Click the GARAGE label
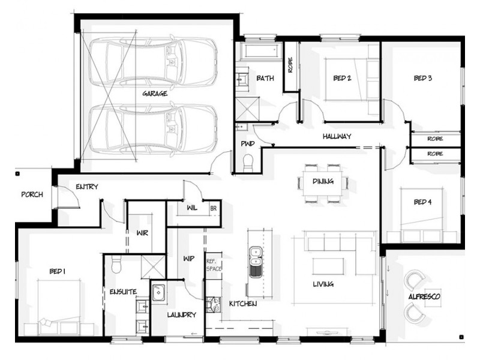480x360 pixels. [155, 94]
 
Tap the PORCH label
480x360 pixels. [31, 194]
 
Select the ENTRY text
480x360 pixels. [87, 187]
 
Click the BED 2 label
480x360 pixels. [342, 77]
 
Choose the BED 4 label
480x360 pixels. [422, 202]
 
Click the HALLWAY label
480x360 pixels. [336, 136]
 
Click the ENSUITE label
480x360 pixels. [123, 292]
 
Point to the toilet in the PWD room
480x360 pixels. [248, 162]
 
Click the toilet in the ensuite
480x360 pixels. [116, 264]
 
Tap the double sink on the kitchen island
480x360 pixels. [255, 262]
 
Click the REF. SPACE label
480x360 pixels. [214, 265]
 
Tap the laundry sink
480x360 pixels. [159, 293]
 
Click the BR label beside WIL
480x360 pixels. [213, 209]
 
